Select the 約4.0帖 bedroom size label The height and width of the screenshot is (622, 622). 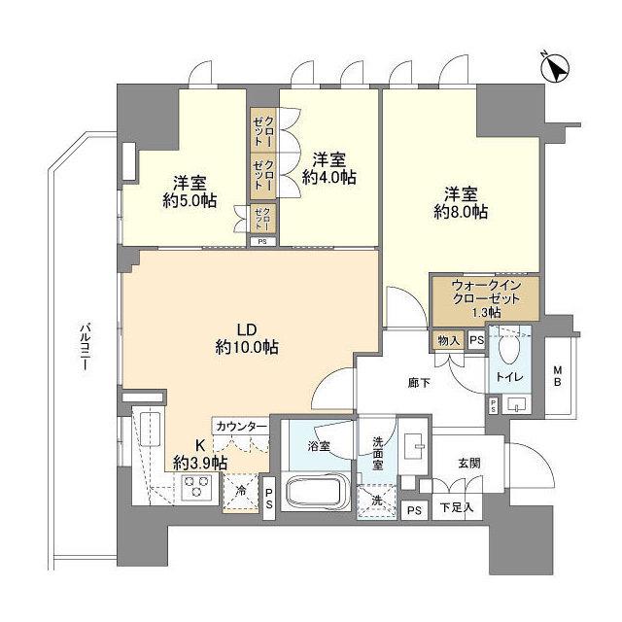tap(328, 169)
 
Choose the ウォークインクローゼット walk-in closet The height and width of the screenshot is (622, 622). tap(483, 298)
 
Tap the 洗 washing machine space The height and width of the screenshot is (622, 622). tap(375, 501)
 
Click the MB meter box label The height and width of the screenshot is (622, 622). tap(558, 374)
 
